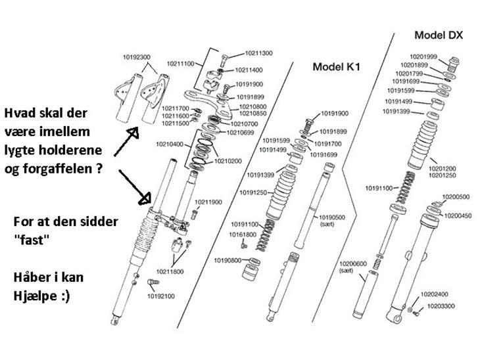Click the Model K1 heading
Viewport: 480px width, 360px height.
335,66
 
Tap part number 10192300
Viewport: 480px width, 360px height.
135,58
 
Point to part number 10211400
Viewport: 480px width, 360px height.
249,70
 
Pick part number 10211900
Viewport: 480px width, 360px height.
208,202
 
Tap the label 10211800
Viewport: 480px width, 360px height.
171,270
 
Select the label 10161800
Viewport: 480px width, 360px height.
243,234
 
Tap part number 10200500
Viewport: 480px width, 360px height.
456,196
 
